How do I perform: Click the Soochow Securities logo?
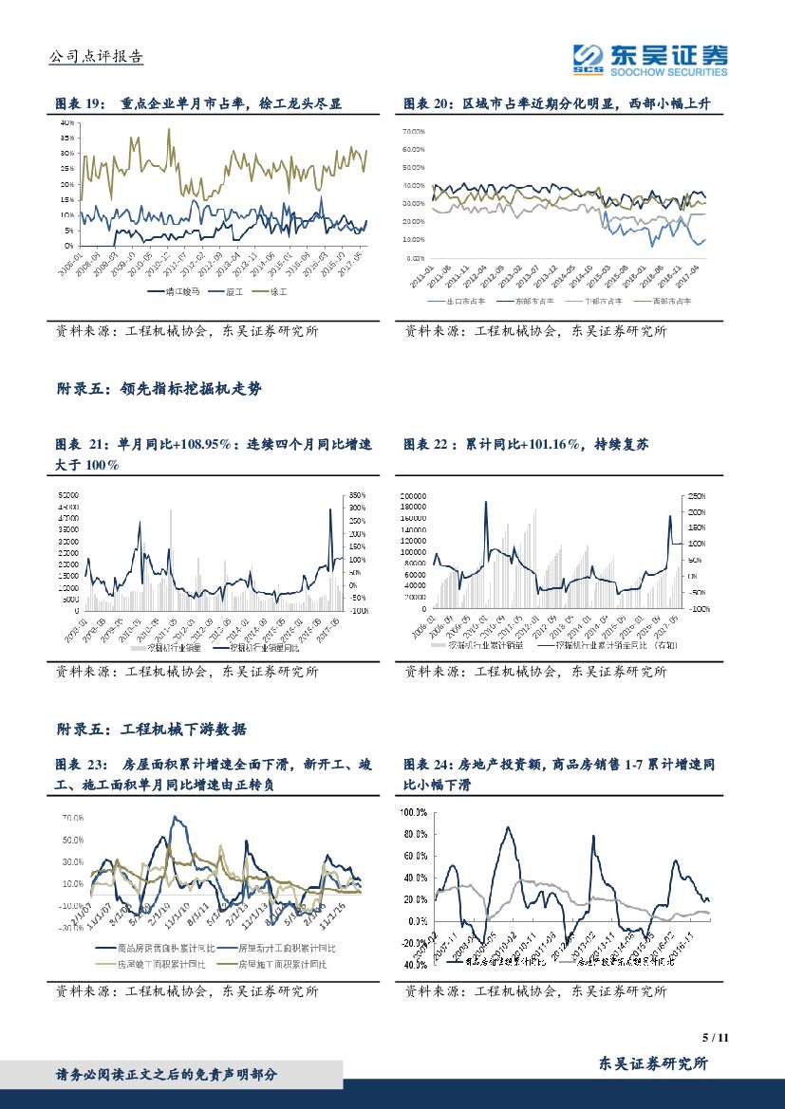click(650, 59)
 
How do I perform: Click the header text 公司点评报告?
click(95, 57)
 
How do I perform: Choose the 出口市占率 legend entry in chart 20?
click(466, 301)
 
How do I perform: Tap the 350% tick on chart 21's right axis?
click(358, 495)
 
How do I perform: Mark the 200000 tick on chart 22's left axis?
click(414, 495)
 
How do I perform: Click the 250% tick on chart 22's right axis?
click(696, 495)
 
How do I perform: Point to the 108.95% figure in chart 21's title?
click(204, 443)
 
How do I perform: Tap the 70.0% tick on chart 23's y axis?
click(72, 817)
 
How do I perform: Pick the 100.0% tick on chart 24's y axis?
click(415, 813)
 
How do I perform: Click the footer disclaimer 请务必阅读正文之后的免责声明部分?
click(167, 1075)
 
